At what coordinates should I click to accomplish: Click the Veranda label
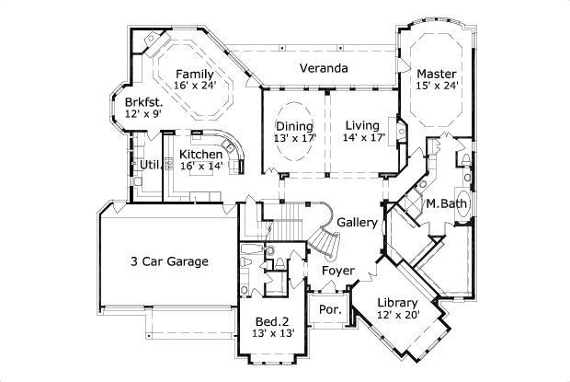[324, 68]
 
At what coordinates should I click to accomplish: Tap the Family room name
[195, 75]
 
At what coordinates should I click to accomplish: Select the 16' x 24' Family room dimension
[195, 87]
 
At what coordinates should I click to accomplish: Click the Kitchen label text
[199, 155]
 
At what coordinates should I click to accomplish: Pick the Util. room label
[150, 166]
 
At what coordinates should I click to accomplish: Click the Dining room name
[294, 126]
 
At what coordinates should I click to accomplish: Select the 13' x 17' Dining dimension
[294, 138]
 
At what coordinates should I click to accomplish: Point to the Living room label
[363, 126]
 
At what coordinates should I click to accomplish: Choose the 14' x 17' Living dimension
[363, 138]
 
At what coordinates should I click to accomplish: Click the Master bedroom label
[437, 74]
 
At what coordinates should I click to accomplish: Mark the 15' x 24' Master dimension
[437, 86]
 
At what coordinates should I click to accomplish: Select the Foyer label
[337, 272]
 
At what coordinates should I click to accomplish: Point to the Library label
[397, 303]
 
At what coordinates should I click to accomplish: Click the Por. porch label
[328, 310]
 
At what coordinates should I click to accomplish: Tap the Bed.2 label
[272, 321]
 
